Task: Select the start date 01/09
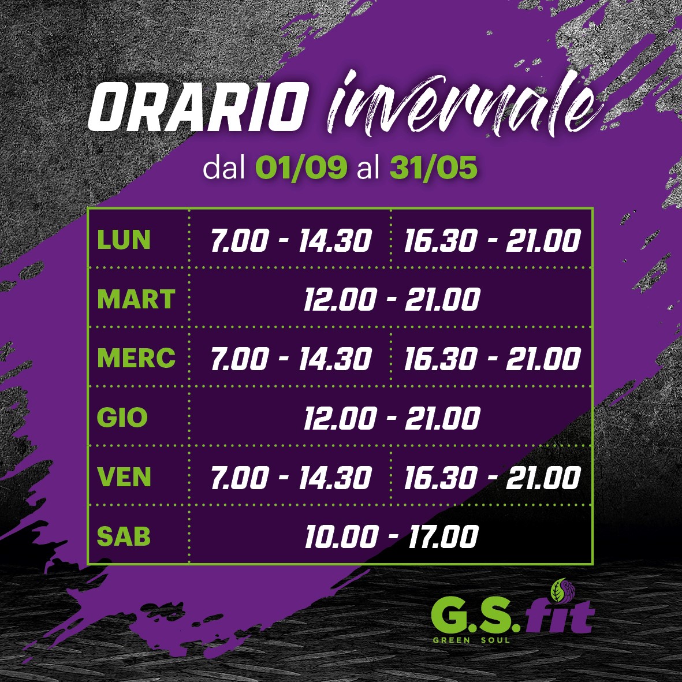[x=301, y=167]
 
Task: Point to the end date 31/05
[x=433, y=167]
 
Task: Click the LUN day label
[x=124, y=240]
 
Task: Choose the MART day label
[x=136, y=299]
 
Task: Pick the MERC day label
[x=136, y=358]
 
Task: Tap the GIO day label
[x=122, y=418]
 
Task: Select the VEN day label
[x=124, y=476]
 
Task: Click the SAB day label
[x=124, y=536]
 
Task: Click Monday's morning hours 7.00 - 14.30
[x=291, y=241]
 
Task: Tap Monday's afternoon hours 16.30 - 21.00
[x=493, y=241]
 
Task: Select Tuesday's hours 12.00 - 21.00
[x=392, y=299]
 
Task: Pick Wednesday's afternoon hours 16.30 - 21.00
[x=493, y=359]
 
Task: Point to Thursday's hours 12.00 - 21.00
[x=392, y=418]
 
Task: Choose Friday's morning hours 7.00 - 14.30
[x=291, y=478]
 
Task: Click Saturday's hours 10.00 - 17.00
[x=392, y=536]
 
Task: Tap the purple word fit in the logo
[x=559, y=616]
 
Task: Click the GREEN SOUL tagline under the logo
[x=471, y=640]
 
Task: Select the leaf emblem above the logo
[x=563, y=590]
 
